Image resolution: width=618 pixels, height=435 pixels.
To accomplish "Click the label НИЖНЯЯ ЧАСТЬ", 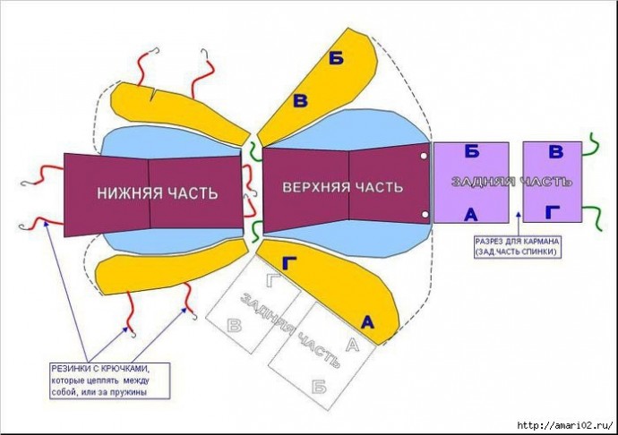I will click(x=158, y=192).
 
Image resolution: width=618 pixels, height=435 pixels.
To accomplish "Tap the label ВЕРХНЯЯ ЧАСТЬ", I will click(x=343, y=187).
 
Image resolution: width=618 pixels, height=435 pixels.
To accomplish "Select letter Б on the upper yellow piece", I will click(x=336, y=59).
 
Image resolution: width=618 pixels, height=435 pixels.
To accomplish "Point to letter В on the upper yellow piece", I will click(x=300, y=101).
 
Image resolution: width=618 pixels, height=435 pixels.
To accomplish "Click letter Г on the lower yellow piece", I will click(x=289, y=263).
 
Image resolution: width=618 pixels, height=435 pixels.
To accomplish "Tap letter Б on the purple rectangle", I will click(x=471, y=151).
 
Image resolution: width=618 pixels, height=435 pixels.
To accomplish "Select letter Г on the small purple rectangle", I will click(x=554, y=212).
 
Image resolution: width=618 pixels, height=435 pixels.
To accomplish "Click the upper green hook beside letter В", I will click(x=592, y=142).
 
